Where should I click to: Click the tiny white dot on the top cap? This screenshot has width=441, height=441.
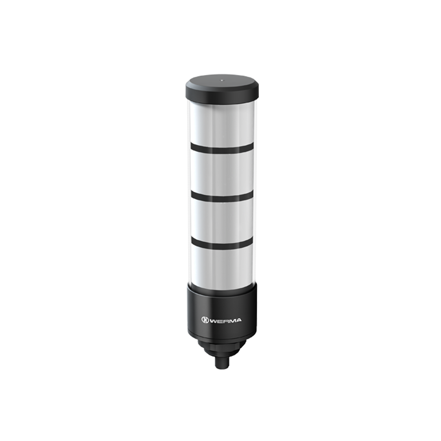[222, 80]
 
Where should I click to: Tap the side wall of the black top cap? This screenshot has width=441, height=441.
[222, 95]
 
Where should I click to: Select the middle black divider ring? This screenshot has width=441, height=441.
[222, 197]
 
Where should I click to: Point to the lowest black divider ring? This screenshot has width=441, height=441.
[222, 244]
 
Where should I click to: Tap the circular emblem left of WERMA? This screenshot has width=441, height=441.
[205, 320]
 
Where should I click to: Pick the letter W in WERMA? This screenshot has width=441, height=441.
[213, 320]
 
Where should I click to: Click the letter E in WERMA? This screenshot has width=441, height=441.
[219, 320]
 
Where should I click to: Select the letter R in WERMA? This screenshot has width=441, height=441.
[225, 320]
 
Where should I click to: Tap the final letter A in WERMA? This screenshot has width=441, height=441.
[238, 320]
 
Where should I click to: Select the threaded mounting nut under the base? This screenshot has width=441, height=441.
[222, 347]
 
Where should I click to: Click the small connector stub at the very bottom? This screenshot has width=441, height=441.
[222, 363]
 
